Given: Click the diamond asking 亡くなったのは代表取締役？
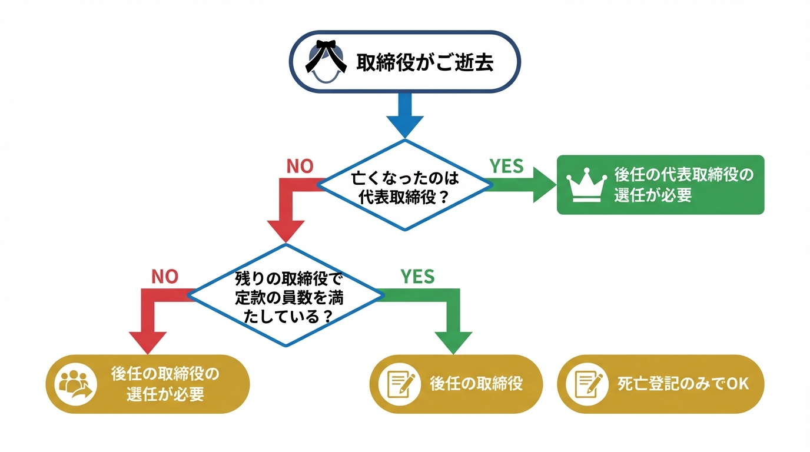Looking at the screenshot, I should [x=404, y=186].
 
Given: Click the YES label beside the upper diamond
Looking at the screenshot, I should [x=506, y=167].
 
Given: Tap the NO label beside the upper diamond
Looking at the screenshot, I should [x=300, y=167].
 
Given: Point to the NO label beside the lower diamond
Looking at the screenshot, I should [x=165, y=277].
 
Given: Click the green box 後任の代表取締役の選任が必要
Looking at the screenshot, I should [x=660, y=185].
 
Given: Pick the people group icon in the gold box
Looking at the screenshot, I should [x=75, y=384].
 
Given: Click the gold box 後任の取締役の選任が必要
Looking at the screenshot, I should [x=148, y=384].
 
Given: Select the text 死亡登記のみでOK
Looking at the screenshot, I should [x=683, y=384].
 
